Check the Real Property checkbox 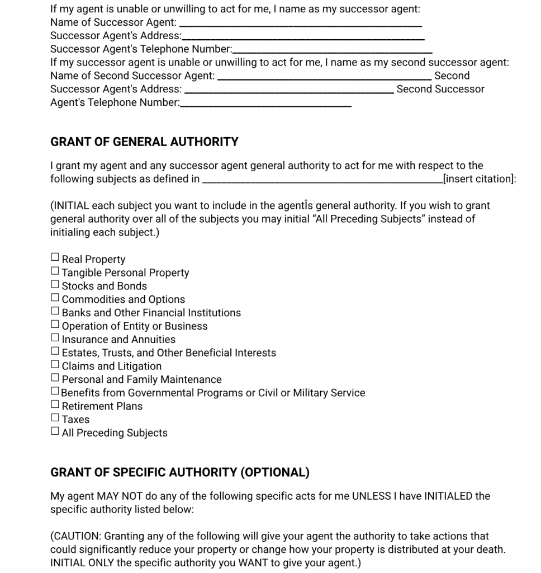[x=55, y=257]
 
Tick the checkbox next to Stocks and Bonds [x=55, y=284]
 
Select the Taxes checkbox [x=55, y=417]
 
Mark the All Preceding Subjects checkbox [x=55, y=431]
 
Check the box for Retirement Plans [x=55, y=404]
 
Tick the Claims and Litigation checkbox [x=55, y=364]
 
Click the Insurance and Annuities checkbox [x=55, y=337]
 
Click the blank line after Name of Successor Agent [x=300, y=24]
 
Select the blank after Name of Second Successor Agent [x=324, y=77]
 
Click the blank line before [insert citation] [x=322, y=180]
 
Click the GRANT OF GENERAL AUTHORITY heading [x=144, y=142]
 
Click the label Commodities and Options [x=123, y=299]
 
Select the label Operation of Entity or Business [x=134, y=326]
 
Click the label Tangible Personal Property [x=125, y=273]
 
